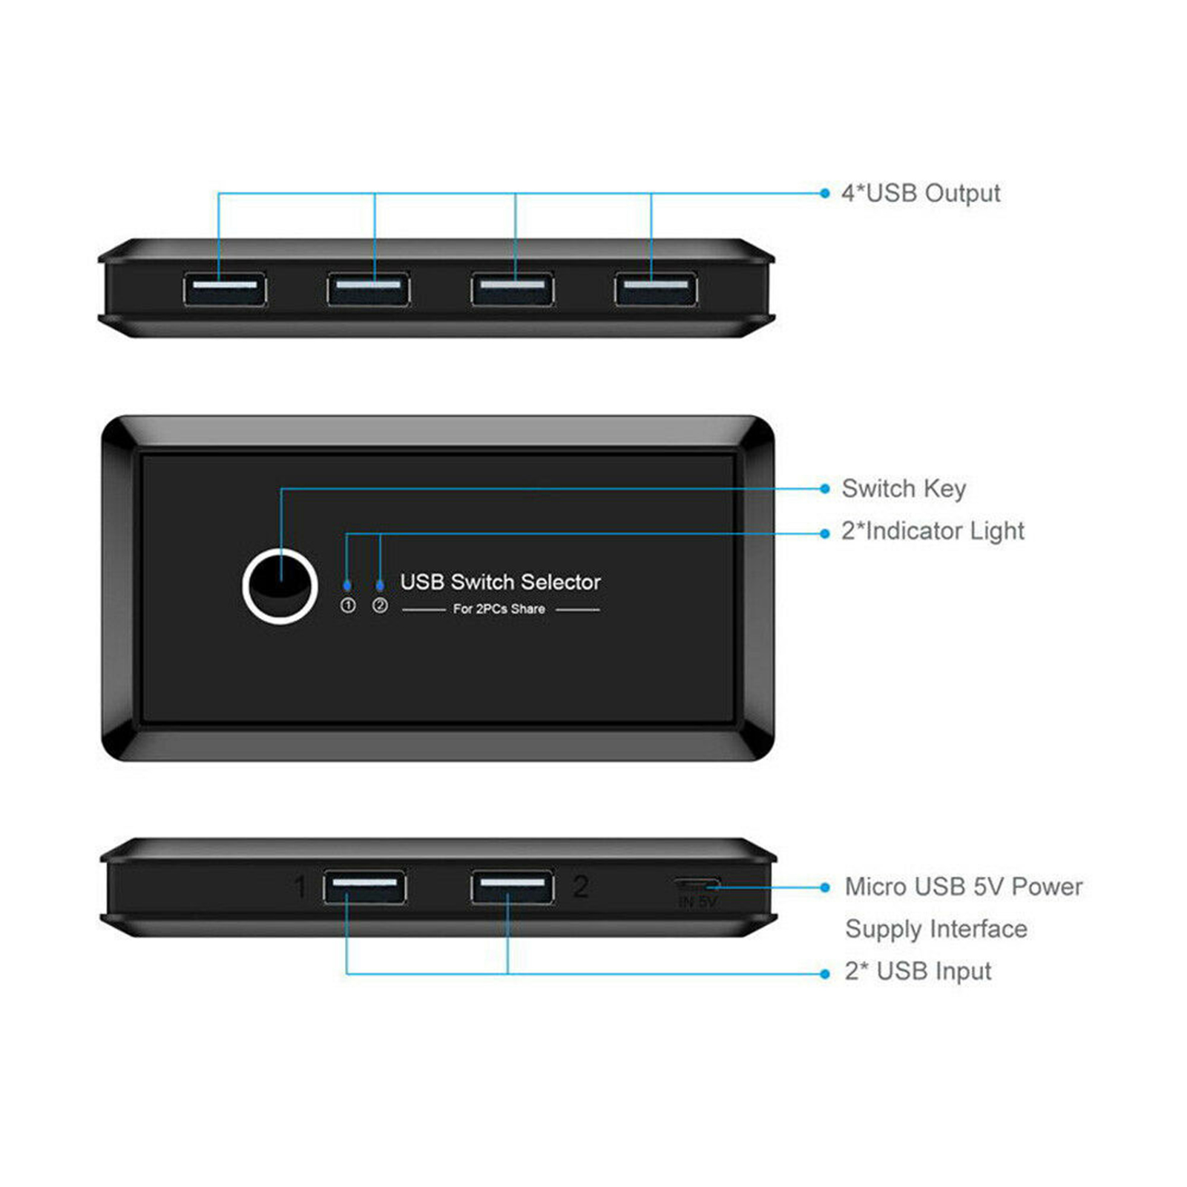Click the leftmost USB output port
[225, 289]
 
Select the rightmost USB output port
[656, 289]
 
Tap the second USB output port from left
[369, 289]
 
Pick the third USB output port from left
[513, 289]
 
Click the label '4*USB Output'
[921, 194]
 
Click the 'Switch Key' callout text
[904, 489]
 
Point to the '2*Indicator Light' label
[933, 531]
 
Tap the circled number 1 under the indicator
[347, 605]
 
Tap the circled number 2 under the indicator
[380, 605]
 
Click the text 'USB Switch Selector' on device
[500, 582]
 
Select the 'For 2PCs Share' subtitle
[499, 609]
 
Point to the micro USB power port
[697, 884]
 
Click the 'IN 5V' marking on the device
[697, 902]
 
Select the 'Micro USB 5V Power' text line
[964, 887]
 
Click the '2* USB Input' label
[918, 971]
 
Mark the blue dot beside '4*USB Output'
[825, 194]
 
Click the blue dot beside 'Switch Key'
[825, 489]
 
